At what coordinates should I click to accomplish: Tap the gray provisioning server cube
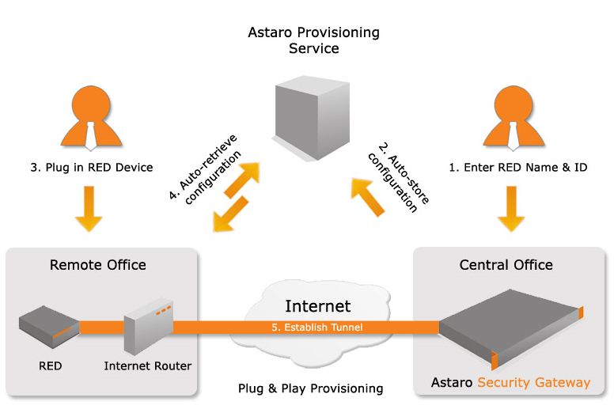(313, 110)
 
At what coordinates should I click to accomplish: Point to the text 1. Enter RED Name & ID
(518, 167)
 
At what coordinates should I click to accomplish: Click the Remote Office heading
(98, 264)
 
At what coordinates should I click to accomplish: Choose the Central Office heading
(506, 264)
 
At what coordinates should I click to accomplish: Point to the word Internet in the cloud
(317, 306)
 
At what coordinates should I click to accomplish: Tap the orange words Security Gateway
(533, 383)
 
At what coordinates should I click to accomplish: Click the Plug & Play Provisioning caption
(310, 388)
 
